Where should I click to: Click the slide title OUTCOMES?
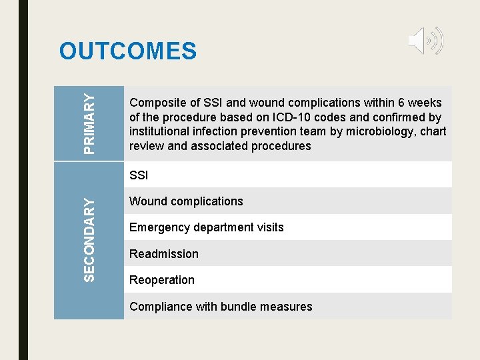(128, 51)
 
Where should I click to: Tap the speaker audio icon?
(425, 41)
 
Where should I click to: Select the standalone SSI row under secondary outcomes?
(139, 175)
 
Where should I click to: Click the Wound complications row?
(186, 201)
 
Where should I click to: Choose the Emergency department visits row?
(206, 227)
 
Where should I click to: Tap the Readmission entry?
(163, 254)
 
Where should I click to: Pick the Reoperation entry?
(161, 280)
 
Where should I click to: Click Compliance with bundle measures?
(220, 307)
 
